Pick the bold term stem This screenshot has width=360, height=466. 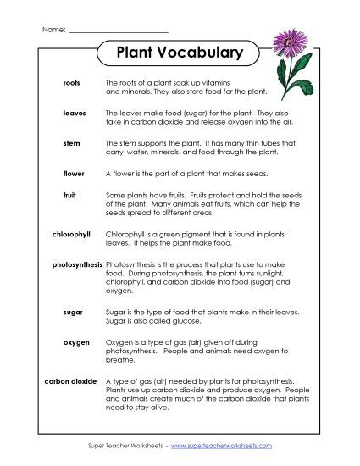tap(72, 143)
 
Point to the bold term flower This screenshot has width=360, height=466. tap(73, 173)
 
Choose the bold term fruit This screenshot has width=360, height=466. tap(70, 194)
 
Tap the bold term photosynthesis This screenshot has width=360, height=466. tap(77, 264)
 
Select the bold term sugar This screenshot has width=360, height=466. tap(72, 313)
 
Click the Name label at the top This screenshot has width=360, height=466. tap(53, 30)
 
